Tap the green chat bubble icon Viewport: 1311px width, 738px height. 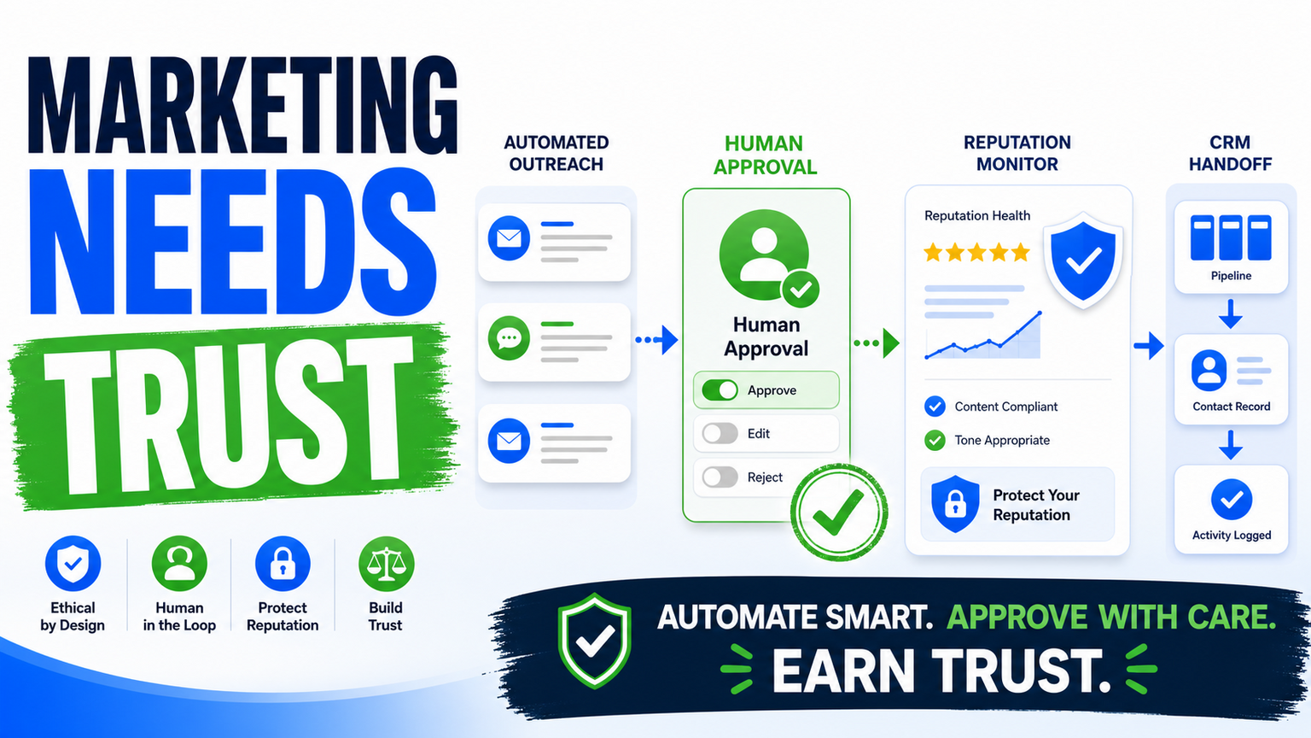click(509, 338)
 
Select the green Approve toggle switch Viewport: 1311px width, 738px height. click(720, 390)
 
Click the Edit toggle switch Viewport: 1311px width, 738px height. click(720, 433)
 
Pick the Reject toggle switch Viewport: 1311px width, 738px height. click(720, 477)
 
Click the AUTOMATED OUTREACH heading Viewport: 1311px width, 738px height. click(556, 154)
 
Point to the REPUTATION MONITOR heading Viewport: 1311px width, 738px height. click(1017, 154)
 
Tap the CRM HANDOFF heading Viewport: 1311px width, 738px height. click(1230, 154)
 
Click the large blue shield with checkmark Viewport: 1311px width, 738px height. click(1083, 260)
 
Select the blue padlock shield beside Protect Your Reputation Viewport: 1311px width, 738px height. click(955, 504)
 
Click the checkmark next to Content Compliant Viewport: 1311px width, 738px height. click(935, 407)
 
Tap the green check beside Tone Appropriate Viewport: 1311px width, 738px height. click(935, 441)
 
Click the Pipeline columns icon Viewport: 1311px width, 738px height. click(1231, 237)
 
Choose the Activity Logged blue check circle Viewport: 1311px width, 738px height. click(1232, 500)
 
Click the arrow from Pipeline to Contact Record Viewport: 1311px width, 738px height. click(1231, 314)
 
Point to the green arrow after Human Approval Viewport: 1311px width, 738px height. click(877, 343)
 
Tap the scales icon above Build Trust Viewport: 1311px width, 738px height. click(387, 564)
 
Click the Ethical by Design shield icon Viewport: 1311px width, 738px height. click(73, 564)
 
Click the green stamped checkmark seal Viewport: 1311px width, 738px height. click(839, 512)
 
